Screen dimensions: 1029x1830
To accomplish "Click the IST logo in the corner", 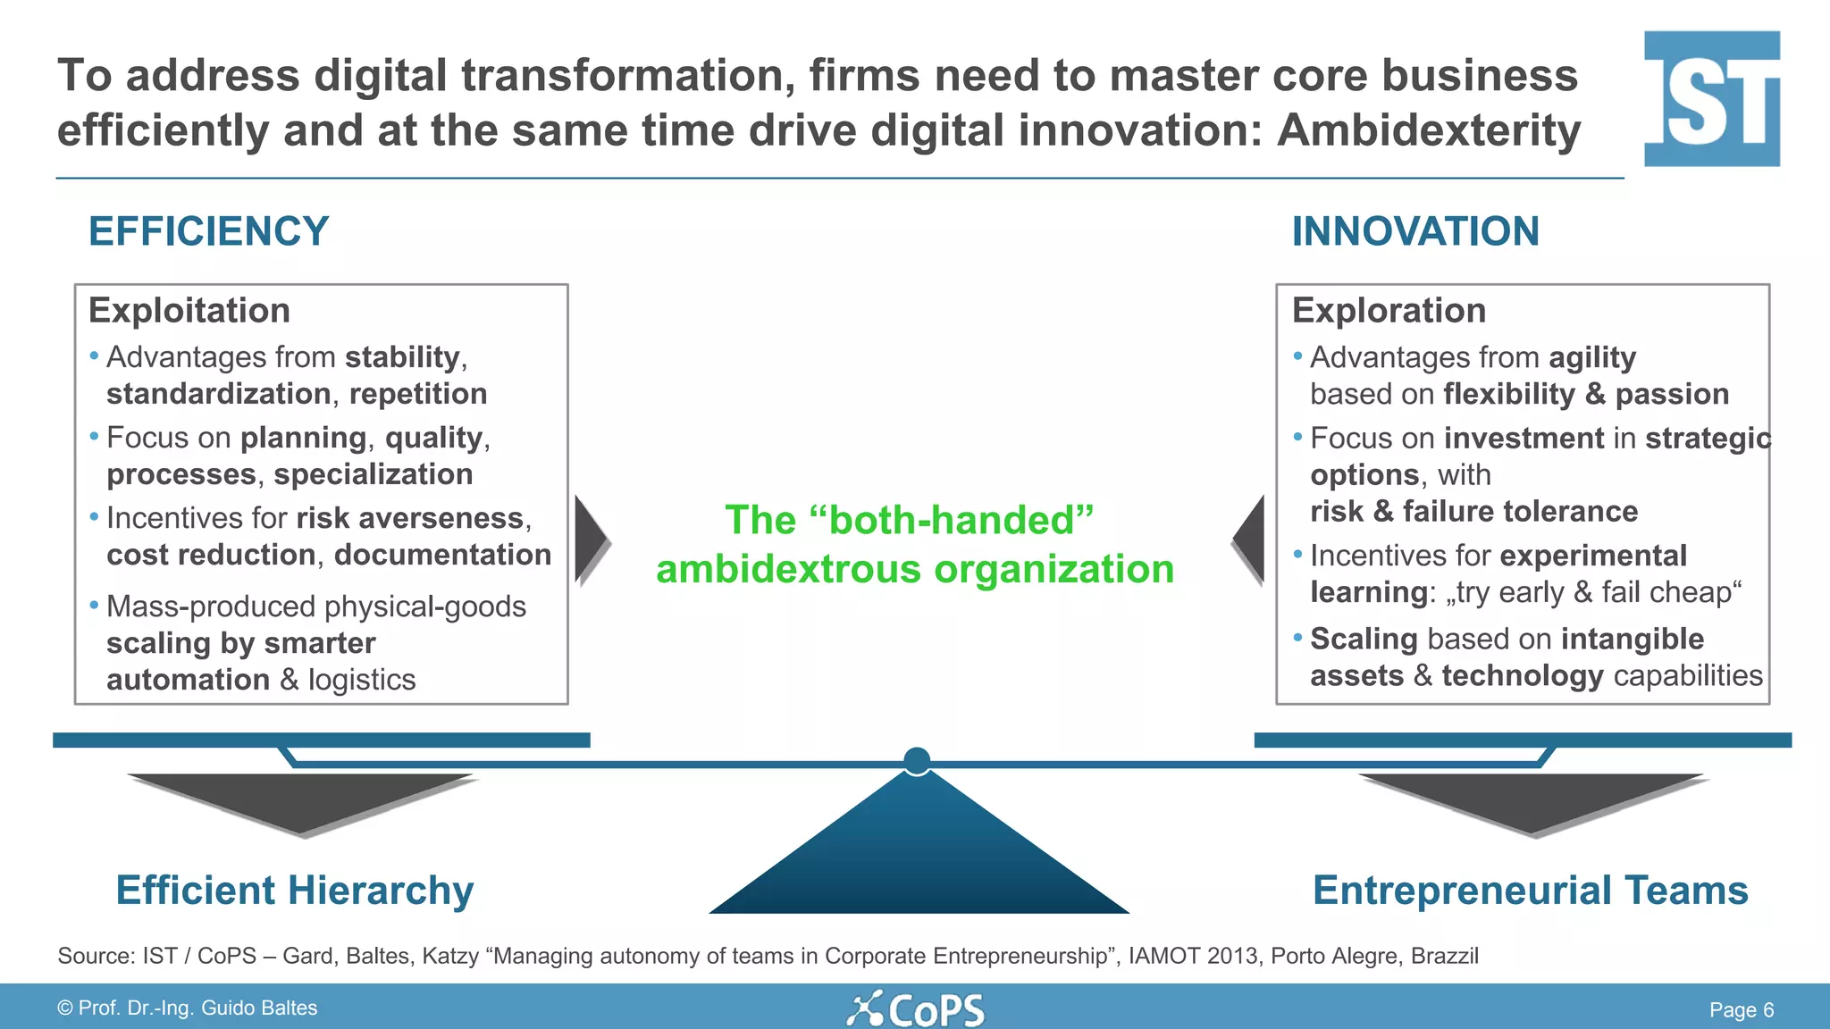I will click(1711, 98).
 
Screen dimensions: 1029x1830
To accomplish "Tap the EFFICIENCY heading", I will click(208, 231).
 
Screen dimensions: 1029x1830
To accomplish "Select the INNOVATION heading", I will click(1415, 231).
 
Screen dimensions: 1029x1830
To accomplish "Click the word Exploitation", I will click(189, 311).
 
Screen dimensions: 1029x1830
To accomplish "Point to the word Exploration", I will click(1389, 311).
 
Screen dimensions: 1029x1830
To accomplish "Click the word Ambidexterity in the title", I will click(1429, 130).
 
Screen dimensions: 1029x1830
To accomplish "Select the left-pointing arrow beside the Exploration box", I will click(1250, 540).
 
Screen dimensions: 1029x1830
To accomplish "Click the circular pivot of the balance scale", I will click(917, 761).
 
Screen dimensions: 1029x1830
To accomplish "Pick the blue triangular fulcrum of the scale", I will click(919, 857).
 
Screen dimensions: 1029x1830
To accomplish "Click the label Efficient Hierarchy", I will click(295, 891).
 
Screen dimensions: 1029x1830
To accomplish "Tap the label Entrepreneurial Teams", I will click(1530, 891).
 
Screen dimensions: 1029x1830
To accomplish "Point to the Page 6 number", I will click(1741, 1010).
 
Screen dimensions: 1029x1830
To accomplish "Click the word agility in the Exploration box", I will click(1592, 357).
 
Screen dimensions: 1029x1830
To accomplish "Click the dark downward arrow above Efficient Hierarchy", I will click(301, 799).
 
